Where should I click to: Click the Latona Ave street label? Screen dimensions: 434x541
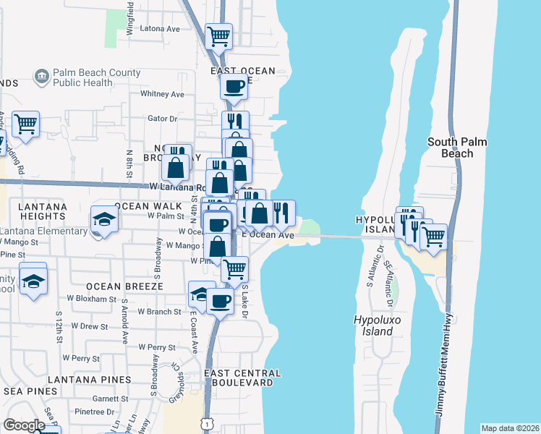(x=159, y=30)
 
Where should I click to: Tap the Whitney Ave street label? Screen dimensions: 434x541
(x=163, y=94)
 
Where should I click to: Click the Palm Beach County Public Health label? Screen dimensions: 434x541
(x=87, y=77)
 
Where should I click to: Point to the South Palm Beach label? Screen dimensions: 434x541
(x=460, y=148)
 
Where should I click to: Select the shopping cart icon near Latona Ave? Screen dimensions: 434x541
(x=218, y=34)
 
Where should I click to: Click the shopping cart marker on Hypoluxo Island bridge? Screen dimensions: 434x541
(x=433, y=236)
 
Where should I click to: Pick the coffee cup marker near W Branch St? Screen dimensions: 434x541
(x=221, y=300)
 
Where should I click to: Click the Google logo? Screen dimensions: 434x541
(x=24, y=425)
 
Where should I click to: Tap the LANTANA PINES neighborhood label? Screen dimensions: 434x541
(x=90, y=379)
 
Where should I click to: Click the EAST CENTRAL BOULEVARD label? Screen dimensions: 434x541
(x=242, y=378)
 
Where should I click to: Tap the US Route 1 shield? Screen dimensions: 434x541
(x=208, y=422)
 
